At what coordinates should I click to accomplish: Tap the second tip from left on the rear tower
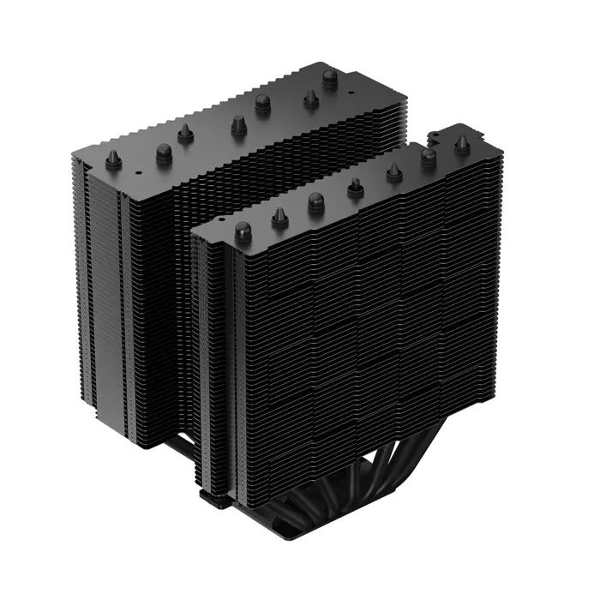(164, 152)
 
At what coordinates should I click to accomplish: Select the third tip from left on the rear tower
(184, 133)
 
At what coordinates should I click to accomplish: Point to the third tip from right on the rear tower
(263, 104)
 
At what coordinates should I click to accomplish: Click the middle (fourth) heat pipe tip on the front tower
(354, 186)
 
